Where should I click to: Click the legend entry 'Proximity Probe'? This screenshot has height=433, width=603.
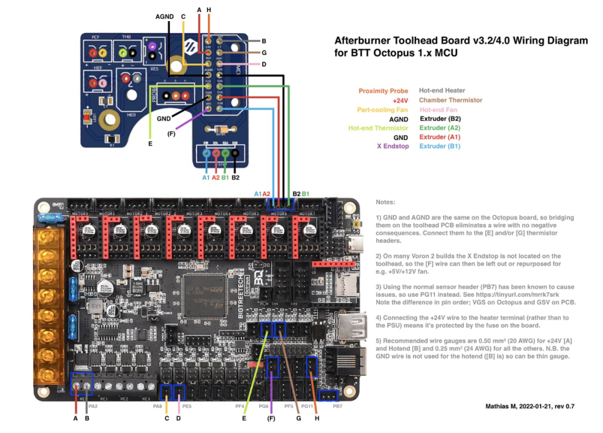click(384, 90)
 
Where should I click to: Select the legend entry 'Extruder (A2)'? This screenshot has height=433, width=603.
click(440, 128)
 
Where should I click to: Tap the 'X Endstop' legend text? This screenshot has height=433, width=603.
click(393, 146)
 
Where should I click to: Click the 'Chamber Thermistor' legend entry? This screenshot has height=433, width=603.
click(450, 100)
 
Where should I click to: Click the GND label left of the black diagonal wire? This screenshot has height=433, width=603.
click(163, 119)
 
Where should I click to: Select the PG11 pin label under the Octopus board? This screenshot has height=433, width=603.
click(308, 406)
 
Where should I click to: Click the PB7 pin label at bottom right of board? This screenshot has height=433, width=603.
click(337, 406)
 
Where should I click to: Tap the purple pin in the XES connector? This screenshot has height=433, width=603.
click(152, 45)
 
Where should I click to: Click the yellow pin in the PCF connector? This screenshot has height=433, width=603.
click(94, 54)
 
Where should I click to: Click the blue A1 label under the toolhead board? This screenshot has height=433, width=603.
click(205, 177)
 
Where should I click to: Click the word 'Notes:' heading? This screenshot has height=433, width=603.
click(385, 203)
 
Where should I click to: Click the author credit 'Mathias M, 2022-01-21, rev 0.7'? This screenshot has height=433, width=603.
click(529, 406)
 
